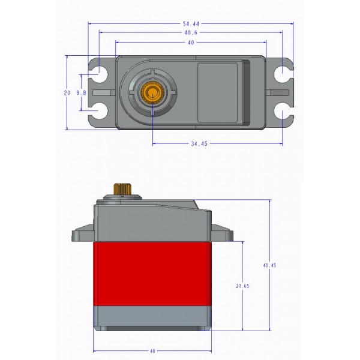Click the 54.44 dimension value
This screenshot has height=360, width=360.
pyautogui.click(x=191, y=23)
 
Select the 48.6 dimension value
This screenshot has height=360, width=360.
pyautogui.click(x=191, y=33)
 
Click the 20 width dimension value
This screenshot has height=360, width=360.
pyautogui.click(x=67, y=92)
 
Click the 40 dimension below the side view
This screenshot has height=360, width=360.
pyautogui.click(x=152, y=350)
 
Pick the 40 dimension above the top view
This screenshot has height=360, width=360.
pyautogui.click(x=191, y=43)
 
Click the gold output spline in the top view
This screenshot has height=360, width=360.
pyautogui.click(x=153, y=93)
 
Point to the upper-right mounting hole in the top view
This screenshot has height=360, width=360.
pyautogui.click(x=281, y=74)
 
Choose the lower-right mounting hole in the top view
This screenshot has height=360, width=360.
pyautogui.click(x=281, y=112)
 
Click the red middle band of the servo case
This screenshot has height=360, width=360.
pyautogui.click(x=152, y=273)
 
